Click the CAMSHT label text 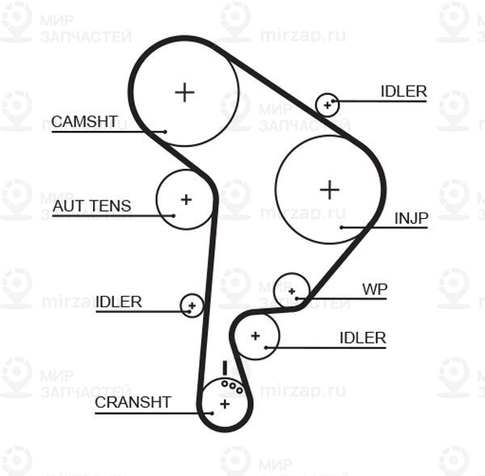84,122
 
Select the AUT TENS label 91,206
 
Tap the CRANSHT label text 133,402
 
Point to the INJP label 411,217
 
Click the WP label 374,289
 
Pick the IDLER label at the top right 403,91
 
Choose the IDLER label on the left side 118,302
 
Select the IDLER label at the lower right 363,338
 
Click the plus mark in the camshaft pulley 185,91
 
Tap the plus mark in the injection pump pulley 329,189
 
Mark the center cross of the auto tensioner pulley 186,199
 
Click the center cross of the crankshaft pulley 225,403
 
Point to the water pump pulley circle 292,289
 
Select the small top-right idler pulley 327,103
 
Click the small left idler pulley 192,305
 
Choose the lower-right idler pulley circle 256,335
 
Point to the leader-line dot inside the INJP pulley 342,228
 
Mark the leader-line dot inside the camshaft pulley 165,132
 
